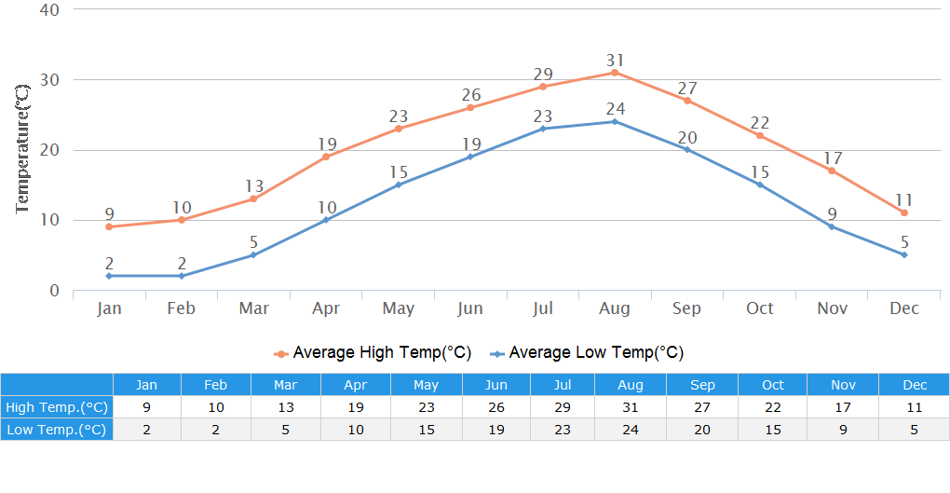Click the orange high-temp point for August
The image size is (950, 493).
click(615, 73)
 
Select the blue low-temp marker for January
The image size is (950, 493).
click(109, 276)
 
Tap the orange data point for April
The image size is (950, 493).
click(326, 157)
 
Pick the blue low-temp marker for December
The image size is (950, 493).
click(903, 254)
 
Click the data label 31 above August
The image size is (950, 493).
click(615, 60)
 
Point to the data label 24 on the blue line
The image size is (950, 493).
click(615, 109)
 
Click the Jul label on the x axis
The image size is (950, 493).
click(543, 308)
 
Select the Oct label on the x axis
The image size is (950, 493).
click(759, 308)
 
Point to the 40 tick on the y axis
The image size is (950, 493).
click(49, 10)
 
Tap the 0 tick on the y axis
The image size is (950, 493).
click(54, 291)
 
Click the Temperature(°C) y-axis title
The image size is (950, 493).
click(23, 148)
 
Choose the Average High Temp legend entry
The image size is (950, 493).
click(373, 353)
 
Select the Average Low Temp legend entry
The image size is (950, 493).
click(588, 353)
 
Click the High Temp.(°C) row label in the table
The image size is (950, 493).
click(57, 407)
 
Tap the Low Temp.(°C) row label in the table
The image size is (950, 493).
click(57, 430)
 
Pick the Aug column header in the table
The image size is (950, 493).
click(631, 385)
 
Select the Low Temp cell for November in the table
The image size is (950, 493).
click(843, 430)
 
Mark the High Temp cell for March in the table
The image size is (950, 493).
click(286, 407)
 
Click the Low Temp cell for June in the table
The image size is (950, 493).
click(496, 430)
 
